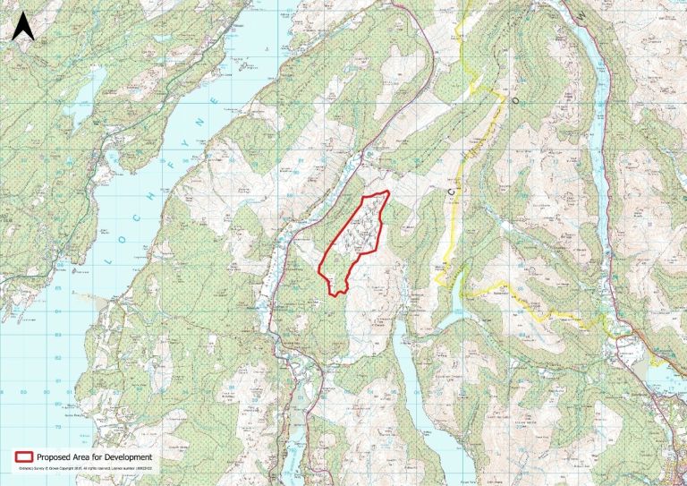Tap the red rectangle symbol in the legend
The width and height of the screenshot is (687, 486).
(x=23, y=456)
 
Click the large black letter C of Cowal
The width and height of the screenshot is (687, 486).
(x=440, y=187)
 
